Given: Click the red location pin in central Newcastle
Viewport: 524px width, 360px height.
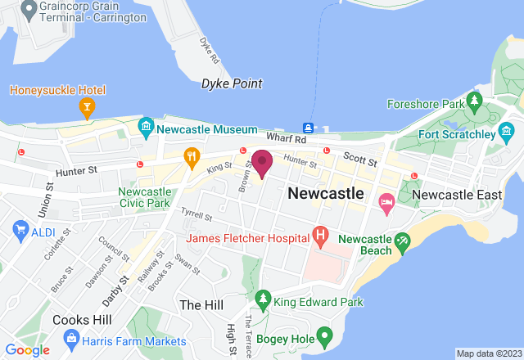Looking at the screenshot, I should (x=262, y=163).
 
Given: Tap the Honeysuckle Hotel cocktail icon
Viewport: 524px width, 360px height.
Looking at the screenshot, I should (x=86, y=106).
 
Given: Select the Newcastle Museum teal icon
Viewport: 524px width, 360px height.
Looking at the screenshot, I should (x=146, y=126).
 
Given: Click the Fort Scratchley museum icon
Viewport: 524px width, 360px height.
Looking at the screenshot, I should (x=507, y=131).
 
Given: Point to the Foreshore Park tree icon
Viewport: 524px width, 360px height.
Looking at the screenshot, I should (x=473, y=101).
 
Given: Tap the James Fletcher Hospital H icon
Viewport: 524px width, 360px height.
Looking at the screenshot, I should (x=321, y=238).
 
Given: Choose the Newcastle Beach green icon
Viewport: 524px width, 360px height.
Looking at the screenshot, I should (x=401, y=241).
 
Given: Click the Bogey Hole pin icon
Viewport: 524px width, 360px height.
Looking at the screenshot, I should (x=325, y=335).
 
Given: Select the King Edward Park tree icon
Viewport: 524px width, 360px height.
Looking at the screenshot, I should (x=263, y=299).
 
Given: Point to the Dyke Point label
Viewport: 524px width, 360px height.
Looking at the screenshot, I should (x=232, y=83).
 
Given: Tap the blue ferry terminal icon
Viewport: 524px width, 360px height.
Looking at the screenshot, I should (x=309, y=128).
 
